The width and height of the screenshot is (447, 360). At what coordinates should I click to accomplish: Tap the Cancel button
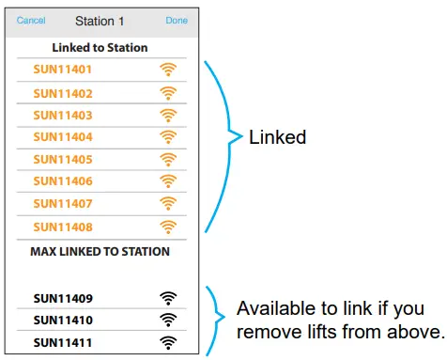[31, 19]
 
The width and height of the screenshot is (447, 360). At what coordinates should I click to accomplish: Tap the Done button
[176, 19]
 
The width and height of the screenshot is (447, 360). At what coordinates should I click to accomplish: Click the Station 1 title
[100, 19]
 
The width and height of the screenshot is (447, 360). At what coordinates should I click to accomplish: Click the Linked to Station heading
[100, 47]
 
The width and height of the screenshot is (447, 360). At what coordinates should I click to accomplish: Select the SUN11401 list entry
[62, 70]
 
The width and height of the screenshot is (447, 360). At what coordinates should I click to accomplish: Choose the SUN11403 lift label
[62, 115]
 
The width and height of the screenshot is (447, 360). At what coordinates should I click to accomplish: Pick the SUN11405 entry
[62, 159]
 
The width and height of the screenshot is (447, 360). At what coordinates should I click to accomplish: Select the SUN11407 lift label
[62, 203]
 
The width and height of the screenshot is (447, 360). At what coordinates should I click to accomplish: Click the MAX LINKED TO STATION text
[100, 252]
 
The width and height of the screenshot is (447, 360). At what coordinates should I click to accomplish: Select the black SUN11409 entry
[62, 299]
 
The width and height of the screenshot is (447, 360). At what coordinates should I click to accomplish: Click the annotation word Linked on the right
[277, 137]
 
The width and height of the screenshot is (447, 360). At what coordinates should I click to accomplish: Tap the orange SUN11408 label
[62, 226]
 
